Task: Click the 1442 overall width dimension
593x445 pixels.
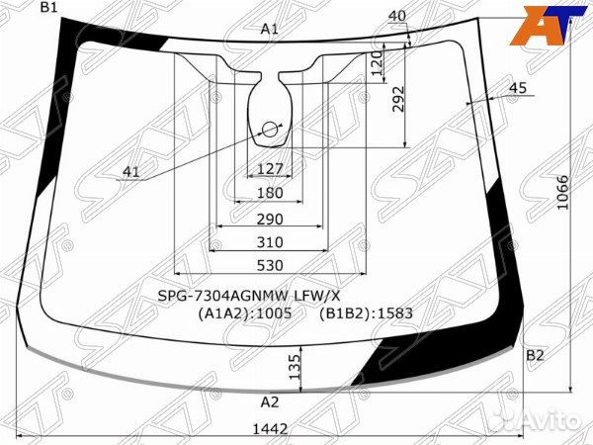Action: (270, 429)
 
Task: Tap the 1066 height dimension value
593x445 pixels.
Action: (562, 192)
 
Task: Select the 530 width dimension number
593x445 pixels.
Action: (270, 265)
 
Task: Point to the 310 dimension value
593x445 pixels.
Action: (270, 242)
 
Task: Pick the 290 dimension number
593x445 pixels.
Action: (270, 220)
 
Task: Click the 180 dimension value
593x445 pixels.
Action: (270, 193)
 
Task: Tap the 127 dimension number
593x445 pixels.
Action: (270, 169)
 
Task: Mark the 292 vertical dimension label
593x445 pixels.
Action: (398, 99)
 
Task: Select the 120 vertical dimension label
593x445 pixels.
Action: (378, 63)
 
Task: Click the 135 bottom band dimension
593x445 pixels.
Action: (294, 367)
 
